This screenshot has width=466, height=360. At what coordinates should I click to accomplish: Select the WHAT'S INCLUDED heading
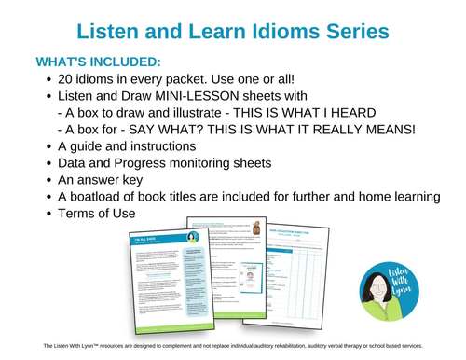point(98,62)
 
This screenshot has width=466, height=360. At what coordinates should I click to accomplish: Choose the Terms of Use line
point(97,214)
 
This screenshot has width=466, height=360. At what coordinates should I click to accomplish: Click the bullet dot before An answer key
point(48,180)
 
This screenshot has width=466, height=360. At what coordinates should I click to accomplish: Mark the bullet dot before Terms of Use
point(48,214)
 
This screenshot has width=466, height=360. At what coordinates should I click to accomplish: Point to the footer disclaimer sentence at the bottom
point(233,346)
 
